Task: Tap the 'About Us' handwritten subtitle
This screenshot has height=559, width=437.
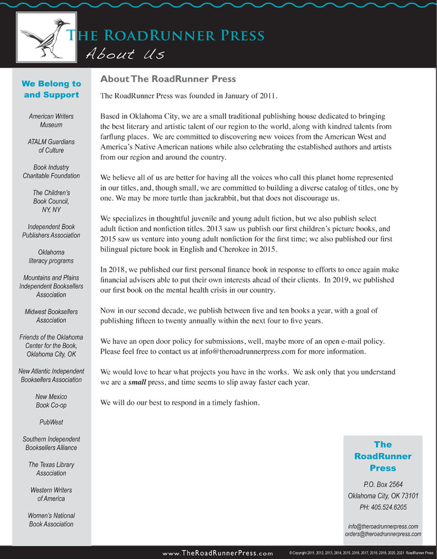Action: click(125, 53)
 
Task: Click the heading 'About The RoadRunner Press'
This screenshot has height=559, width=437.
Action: click(168, 79)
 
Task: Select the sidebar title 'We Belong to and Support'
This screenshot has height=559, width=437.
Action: click(51, 89)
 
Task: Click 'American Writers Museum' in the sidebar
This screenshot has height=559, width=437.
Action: click(51, 121)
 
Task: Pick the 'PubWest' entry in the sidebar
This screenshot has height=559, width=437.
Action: click(51, 422)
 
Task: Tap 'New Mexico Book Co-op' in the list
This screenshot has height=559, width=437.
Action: click(51, 401)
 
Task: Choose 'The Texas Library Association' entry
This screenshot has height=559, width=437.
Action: click(51, 469)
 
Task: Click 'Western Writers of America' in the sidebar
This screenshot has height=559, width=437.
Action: click(51, 494)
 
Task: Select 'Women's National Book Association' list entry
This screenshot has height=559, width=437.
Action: click(51, 520)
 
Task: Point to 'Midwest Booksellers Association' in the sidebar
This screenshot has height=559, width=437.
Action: click(51, 316)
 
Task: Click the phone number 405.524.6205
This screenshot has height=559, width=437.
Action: click(383, 507)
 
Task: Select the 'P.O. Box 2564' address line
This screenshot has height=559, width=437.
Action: click(383, 485)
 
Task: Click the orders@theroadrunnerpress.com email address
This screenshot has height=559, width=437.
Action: click(383, 534)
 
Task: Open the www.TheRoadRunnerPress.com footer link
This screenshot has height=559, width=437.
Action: click(217, 553)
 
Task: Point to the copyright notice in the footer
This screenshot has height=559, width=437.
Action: click(361, 553)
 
